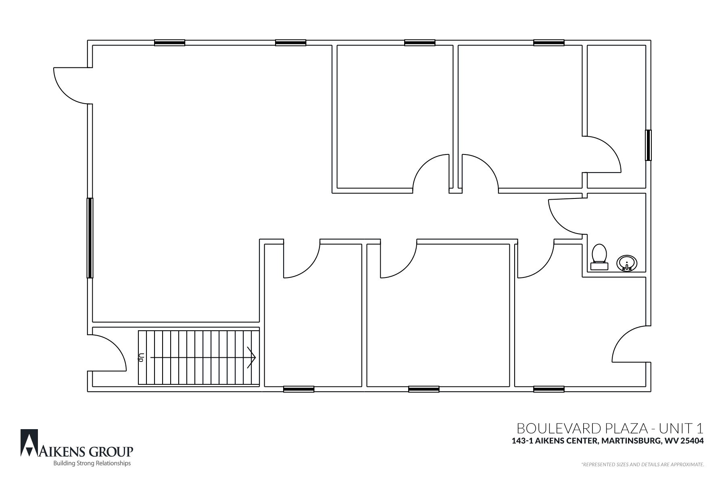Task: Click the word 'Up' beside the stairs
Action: point(141,357)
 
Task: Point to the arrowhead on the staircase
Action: point(252,357)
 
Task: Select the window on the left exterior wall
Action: point(90,238)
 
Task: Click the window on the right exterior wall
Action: point(648,145)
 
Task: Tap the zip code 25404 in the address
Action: point(693,441)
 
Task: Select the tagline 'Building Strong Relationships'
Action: point(92,463)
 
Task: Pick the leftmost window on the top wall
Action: point(170,43)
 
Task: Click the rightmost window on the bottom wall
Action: point(549,389)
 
